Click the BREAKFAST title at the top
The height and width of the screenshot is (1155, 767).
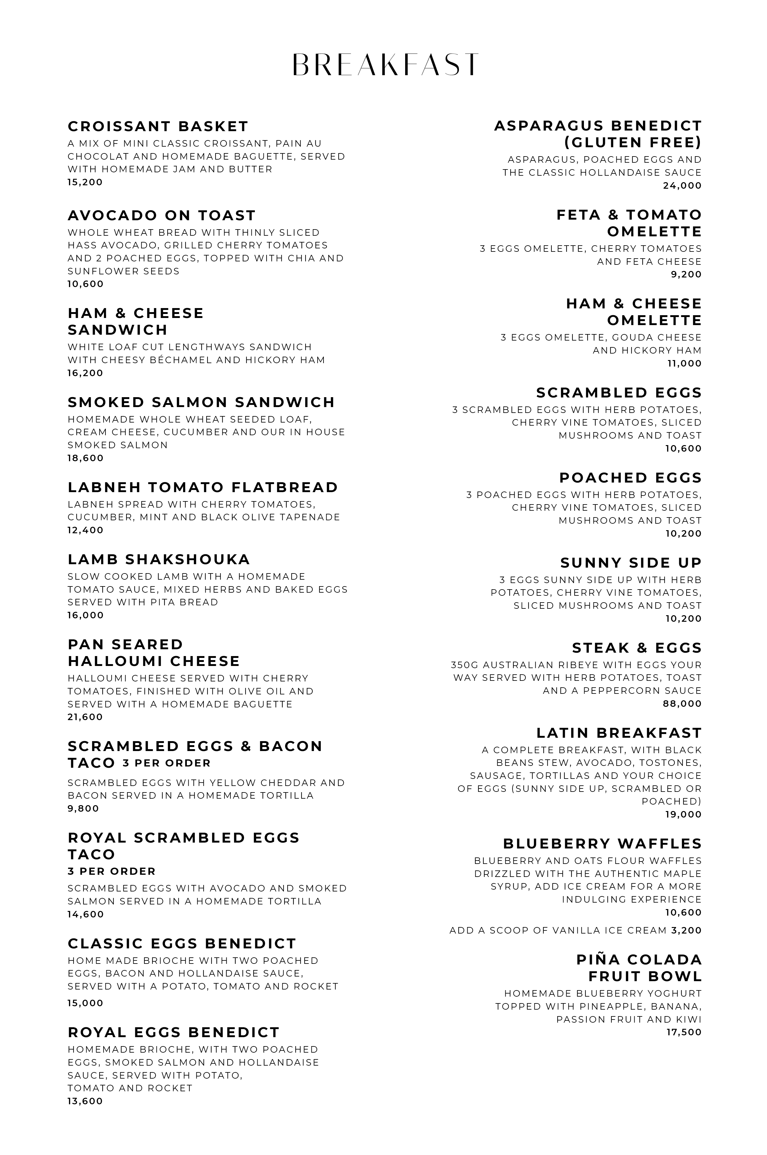(385, 65)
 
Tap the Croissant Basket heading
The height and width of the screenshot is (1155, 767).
(158, 127)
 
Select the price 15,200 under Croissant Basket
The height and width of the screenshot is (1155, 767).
(85, 182)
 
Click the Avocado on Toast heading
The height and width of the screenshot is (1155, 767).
(161, 216)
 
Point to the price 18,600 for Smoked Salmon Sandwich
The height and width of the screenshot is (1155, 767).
(86, 458)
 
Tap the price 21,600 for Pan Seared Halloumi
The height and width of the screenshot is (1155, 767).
(85, 717)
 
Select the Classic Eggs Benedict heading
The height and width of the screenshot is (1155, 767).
(182, 944)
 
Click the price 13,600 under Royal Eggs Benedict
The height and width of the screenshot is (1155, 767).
(85, 1101)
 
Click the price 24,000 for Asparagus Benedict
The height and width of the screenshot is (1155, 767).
(682, 186)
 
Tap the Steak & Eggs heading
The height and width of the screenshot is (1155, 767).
(637, 648)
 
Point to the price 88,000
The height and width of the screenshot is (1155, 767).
(682, 704)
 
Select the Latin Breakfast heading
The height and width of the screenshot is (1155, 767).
(619, 733)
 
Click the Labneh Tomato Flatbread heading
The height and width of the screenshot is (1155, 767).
(203, 488)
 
